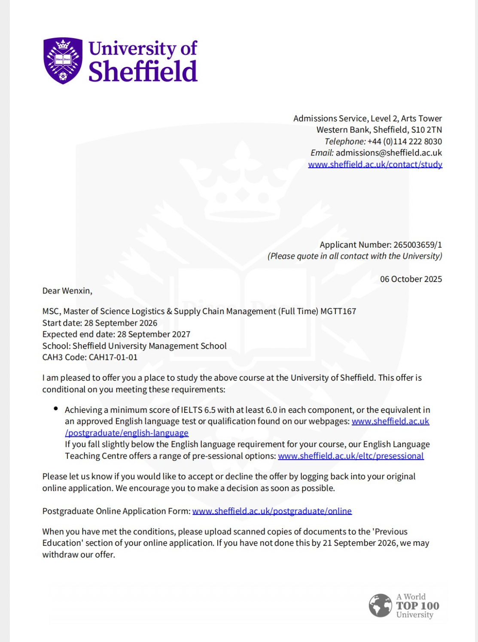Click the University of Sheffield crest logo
click(63, 61)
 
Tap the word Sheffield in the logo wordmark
click(143, 72)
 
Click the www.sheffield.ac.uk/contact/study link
click(375, 164)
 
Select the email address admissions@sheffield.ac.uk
click(389, 153)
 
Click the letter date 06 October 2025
click(411, 279)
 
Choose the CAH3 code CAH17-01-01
click(113, 357)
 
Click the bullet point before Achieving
click(56, 409)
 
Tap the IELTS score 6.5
click(210, 410)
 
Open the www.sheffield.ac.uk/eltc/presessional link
click(350, 456)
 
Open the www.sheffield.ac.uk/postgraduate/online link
click(272, 511)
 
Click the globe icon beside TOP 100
click(381, 606)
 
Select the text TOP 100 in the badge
click(417, 606)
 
